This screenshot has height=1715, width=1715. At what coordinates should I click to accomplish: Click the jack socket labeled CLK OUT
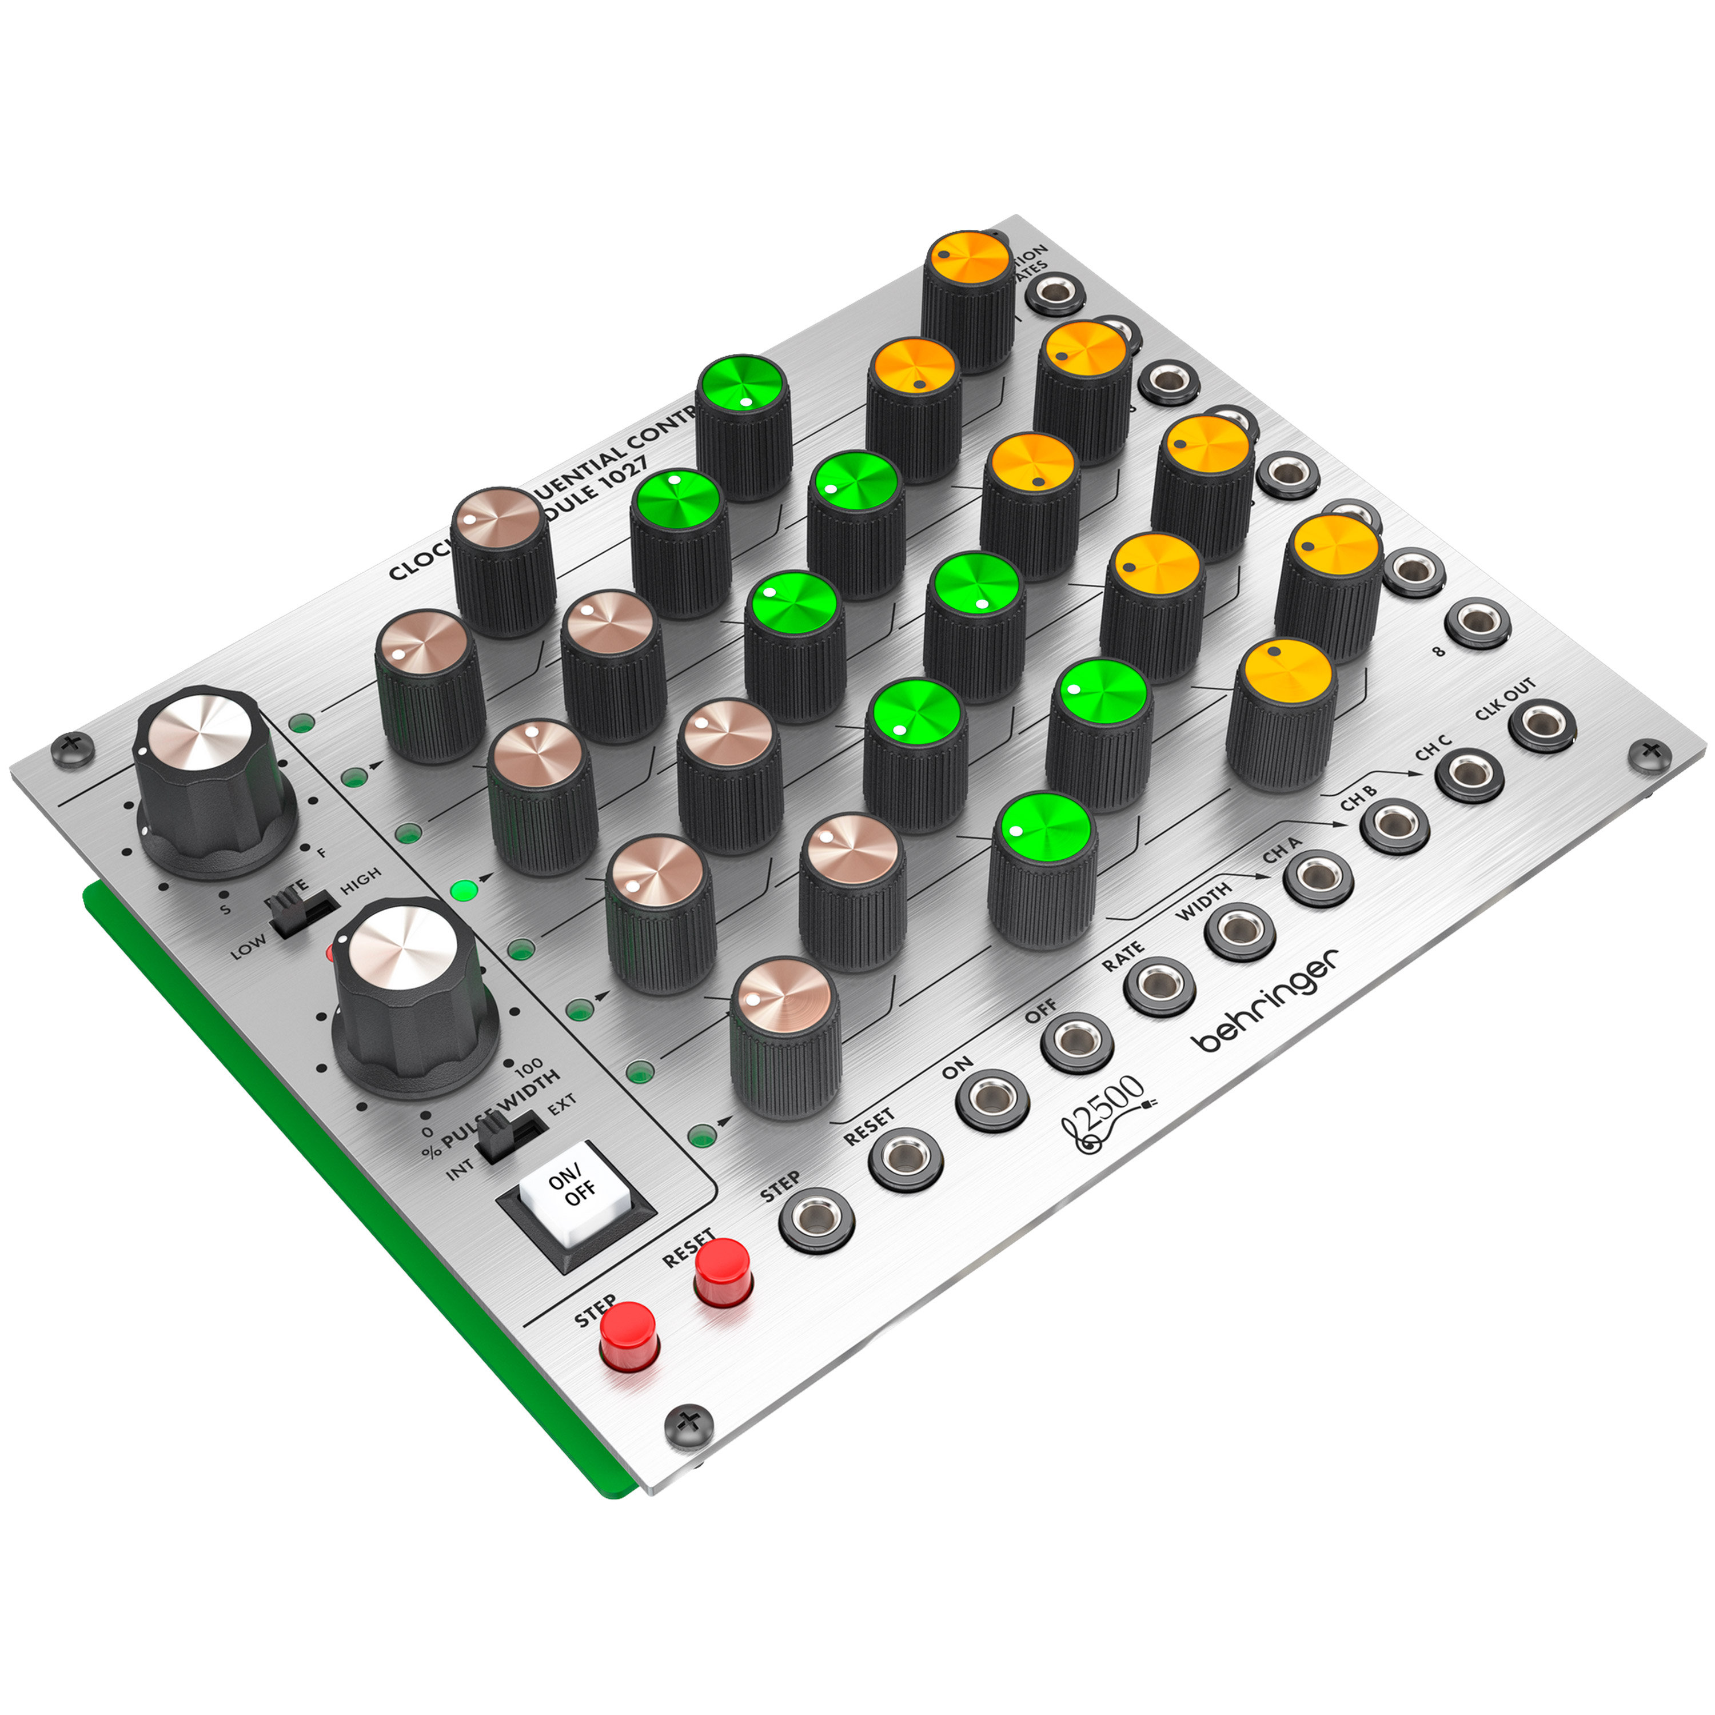pos(1542,725)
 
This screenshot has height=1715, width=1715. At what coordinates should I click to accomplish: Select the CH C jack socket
pos(1469,774)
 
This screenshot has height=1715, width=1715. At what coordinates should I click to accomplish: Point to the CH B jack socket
pos(1394,825)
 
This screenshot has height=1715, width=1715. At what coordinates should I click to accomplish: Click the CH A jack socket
pos(1318,877)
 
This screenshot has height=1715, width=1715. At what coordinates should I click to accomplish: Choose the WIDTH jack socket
pos(1239,930)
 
